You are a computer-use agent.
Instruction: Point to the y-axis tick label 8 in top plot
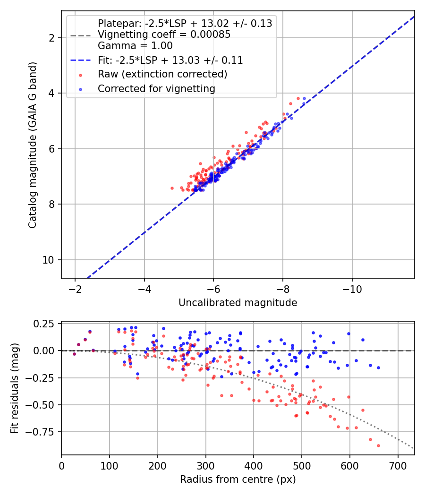[x=51, y=205]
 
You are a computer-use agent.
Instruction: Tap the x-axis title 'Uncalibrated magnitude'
[x=238, y=303]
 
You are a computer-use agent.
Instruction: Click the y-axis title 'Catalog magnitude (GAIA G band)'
[x=32, y=145]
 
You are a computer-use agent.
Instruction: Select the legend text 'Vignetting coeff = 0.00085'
[x=164, y=34]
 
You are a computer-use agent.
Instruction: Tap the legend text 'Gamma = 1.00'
[x=136, y=46]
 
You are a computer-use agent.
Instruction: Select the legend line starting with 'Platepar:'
[x=185, y=24]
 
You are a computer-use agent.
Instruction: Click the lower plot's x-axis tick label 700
[x=398, y=466]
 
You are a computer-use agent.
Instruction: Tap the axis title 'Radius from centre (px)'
[x=238, y=479]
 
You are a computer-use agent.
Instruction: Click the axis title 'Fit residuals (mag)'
[x=15, y=388]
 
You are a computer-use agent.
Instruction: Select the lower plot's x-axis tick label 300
[x=205, y=466]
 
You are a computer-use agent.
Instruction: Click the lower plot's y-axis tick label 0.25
[x=44, y=324]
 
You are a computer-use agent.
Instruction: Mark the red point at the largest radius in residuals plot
[x=378, y=446]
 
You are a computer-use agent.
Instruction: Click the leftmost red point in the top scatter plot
[x=172, y=188]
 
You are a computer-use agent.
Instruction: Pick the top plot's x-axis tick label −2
[x=75, y=289]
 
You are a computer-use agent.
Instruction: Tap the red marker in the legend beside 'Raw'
[x=80, y=75]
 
